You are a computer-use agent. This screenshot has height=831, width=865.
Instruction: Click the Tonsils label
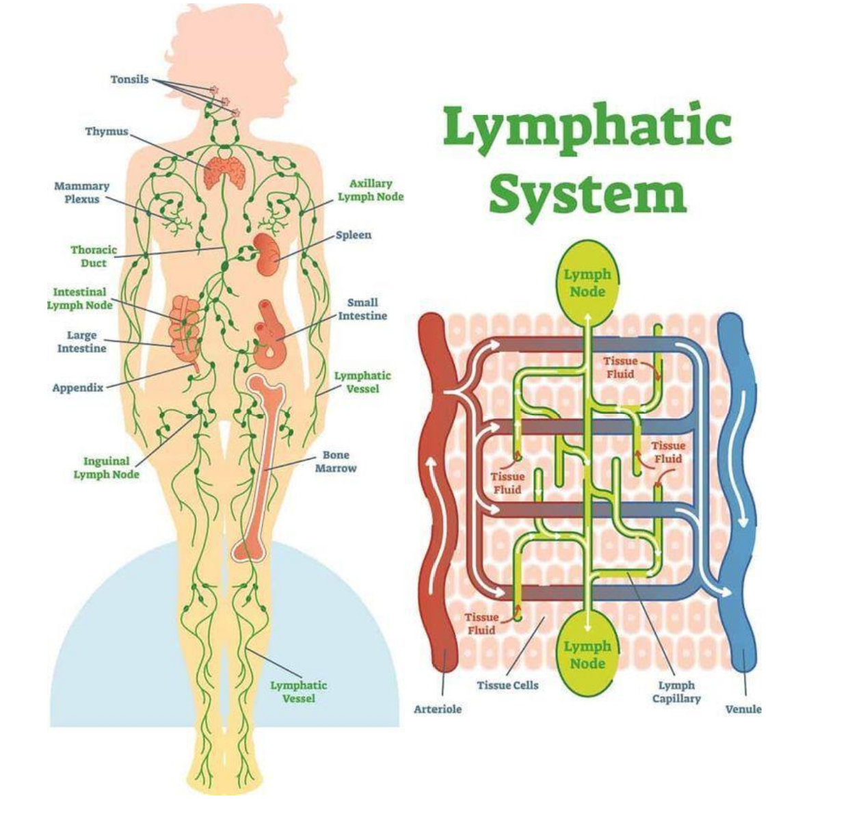pyautogui.click(x=129, y=79)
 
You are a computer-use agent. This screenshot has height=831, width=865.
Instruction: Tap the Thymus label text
pyautogui.click(x=107, y=131)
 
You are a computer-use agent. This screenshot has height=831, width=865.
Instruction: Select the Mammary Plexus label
pyautogui.click(x=81, y=192)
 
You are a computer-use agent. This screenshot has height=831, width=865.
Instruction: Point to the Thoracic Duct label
pyautogui.click(x=94, y=256)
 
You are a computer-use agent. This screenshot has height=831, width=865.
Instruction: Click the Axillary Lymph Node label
pyautogui.click(x=371, y=190)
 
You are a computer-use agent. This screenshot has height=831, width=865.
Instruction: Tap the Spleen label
pyautogui.click(x=354, y=235)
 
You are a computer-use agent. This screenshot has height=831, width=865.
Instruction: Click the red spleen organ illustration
pyautogui.click(x=266, y=254)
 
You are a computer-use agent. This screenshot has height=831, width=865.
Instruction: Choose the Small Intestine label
pyautogui.click(x=362, y=309)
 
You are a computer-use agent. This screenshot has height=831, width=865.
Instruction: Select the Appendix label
pyautogui.click(x=78, y=388)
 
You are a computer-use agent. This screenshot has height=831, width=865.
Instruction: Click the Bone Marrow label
pyautogui.click(x=336, y=462)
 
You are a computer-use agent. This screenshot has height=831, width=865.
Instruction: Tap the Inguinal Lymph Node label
pyautogui.click(x=106, y=468)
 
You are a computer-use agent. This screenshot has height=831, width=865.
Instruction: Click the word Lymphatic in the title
pyautogui.click(x=587, y=127)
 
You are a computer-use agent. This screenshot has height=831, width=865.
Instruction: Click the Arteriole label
pyautogui.click(x=438, y=709)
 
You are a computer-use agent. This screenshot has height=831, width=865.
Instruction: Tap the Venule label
pyautogui.click(x=743, y=709)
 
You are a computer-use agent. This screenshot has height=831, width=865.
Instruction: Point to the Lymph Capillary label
pyautogui.click(x=676, y=691)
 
